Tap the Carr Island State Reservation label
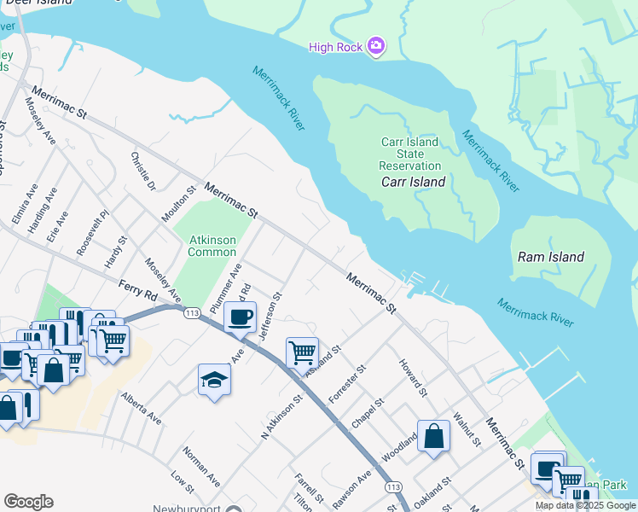(409, 154)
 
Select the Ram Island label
(551, 257)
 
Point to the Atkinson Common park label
(212, 246)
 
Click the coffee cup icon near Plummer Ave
(240, 317)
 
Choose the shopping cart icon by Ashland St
(302, 352)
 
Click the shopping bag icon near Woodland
(433, 435)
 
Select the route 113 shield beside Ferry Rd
(190, 314)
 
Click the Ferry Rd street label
(137, 290)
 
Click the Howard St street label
(412, 378)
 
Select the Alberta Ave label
(142, 409)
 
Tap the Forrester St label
(347, 381)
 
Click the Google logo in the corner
(29, 501)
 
